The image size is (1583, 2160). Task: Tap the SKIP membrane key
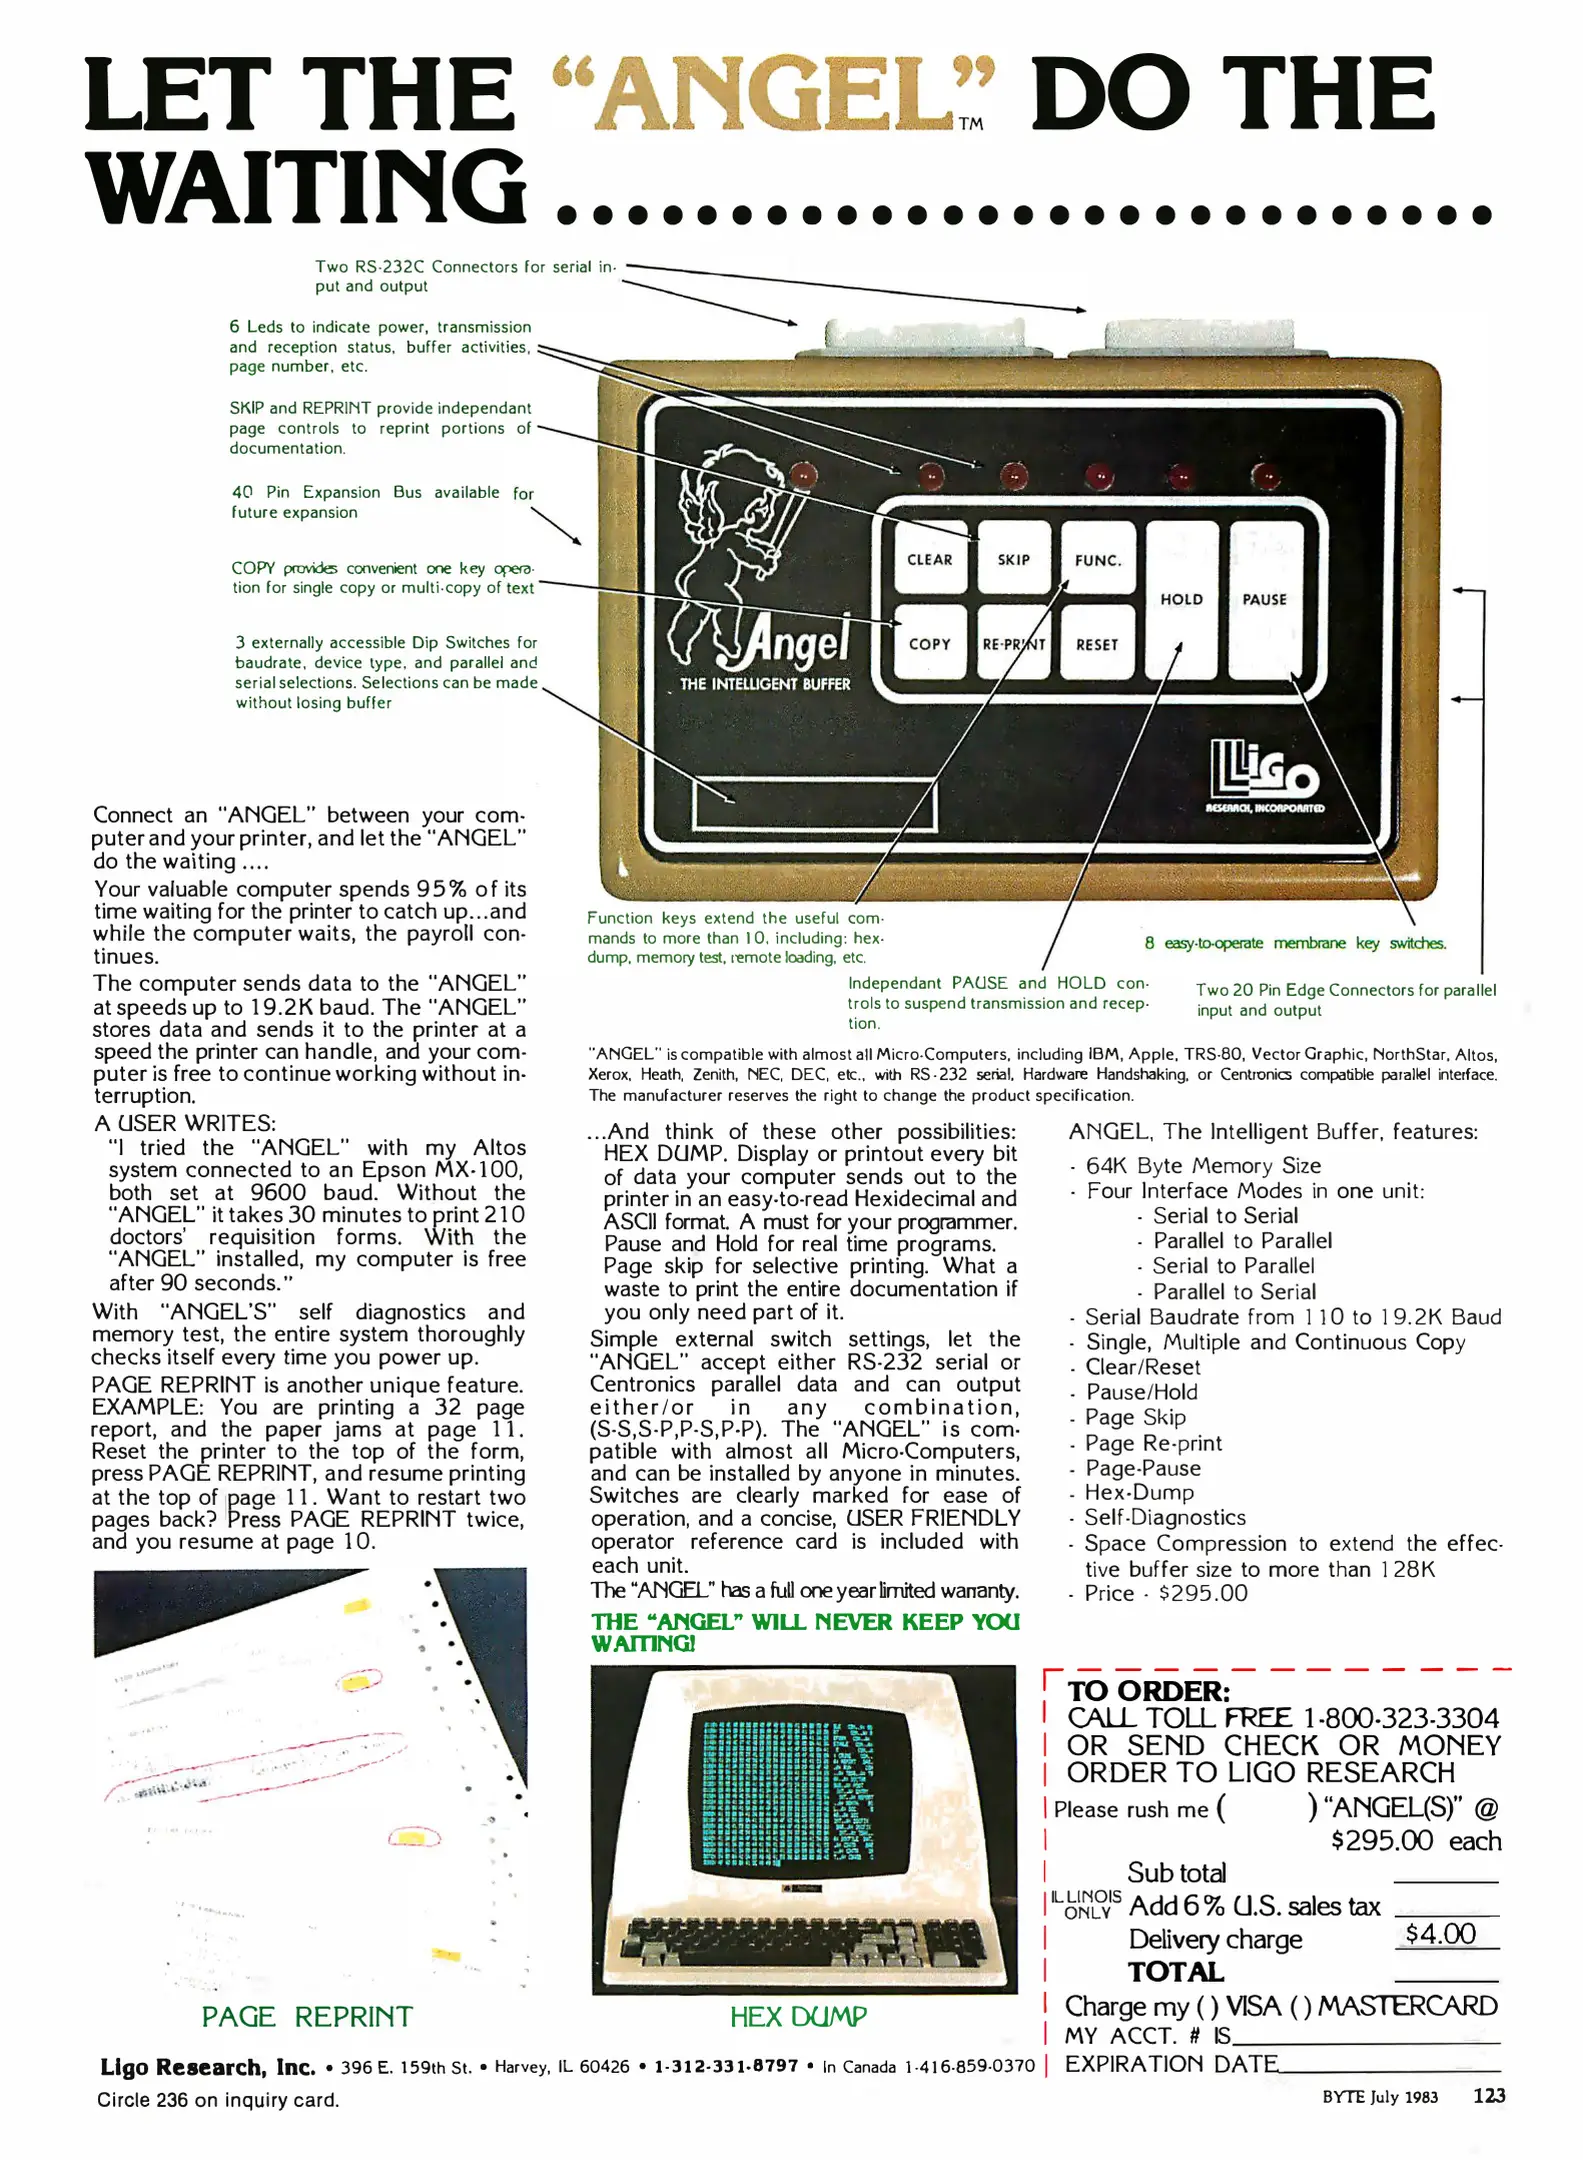1013,559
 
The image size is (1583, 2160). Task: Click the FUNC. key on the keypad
1097,559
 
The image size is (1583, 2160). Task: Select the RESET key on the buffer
1097,644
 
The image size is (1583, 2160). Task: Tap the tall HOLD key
1181,600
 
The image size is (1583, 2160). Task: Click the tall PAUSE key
1265,600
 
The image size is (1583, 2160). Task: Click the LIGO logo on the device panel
1264,775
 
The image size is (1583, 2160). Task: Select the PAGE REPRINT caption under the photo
307,2016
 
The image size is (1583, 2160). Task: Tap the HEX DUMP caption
797,2016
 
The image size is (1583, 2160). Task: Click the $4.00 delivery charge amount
1440,1933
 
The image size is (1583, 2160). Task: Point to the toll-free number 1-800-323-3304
1400,1718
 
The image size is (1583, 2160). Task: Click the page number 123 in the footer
1488,2096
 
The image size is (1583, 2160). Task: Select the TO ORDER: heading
1148,1691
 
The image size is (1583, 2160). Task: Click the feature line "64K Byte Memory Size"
1203,1165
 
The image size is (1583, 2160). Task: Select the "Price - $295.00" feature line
1166,1593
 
